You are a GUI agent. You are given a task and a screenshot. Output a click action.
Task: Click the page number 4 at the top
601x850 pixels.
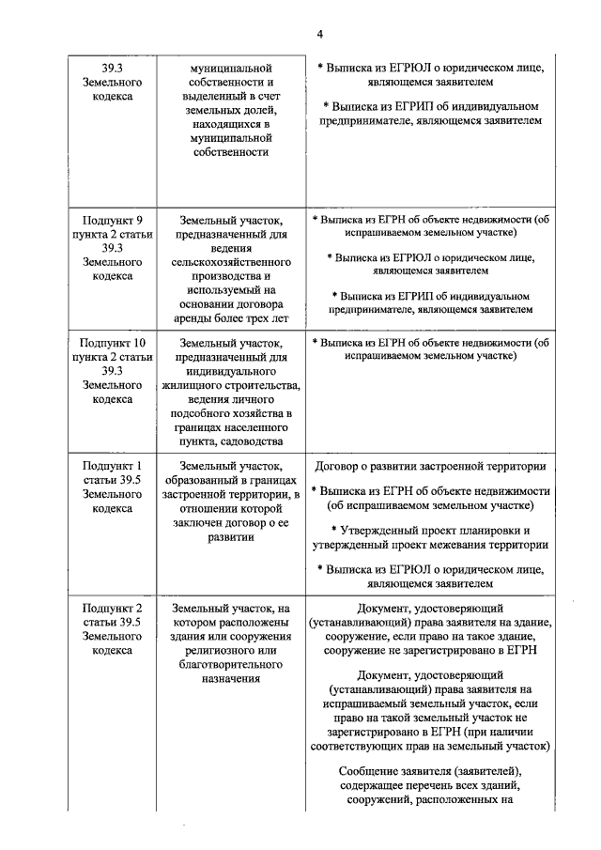319,35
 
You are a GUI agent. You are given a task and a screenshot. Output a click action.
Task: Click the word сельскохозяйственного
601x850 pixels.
230,263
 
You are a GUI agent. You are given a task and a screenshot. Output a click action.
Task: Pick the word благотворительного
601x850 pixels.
230,664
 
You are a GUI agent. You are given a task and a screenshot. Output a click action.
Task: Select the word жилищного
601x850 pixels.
195,385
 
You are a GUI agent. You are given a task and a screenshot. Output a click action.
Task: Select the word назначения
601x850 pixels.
230,678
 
